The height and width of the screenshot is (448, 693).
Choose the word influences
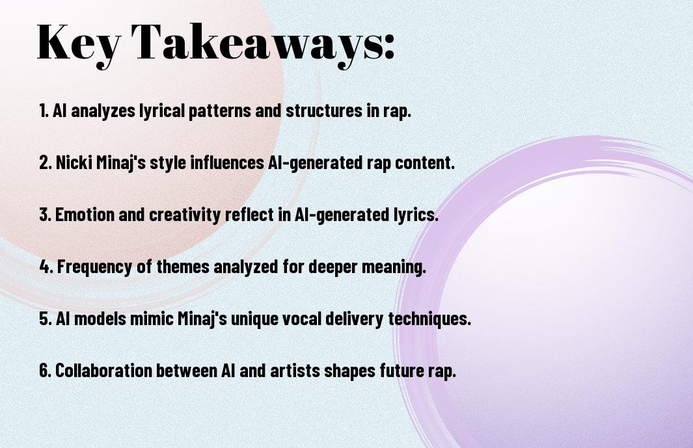(226, 162)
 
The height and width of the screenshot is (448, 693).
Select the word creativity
(185, 215)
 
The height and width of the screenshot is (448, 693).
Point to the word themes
(183, 267)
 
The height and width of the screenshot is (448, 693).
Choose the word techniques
(429, 319)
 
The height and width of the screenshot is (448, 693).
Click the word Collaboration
(103, 370)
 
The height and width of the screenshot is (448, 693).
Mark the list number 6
(45, 370)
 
